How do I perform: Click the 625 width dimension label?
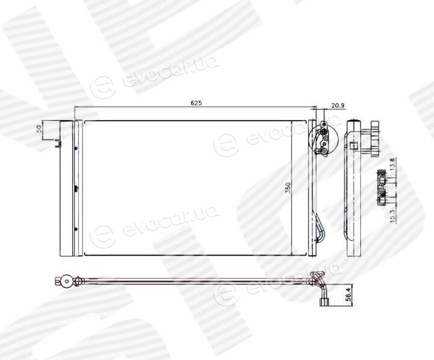197,103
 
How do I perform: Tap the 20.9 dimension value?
338,106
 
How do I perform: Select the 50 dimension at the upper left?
39,129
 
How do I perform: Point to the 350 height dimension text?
288,188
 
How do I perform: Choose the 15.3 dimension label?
393,216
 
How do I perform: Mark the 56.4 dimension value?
348,294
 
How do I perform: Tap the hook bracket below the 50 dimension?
58,143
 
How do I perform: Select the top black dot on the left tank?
75,148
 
